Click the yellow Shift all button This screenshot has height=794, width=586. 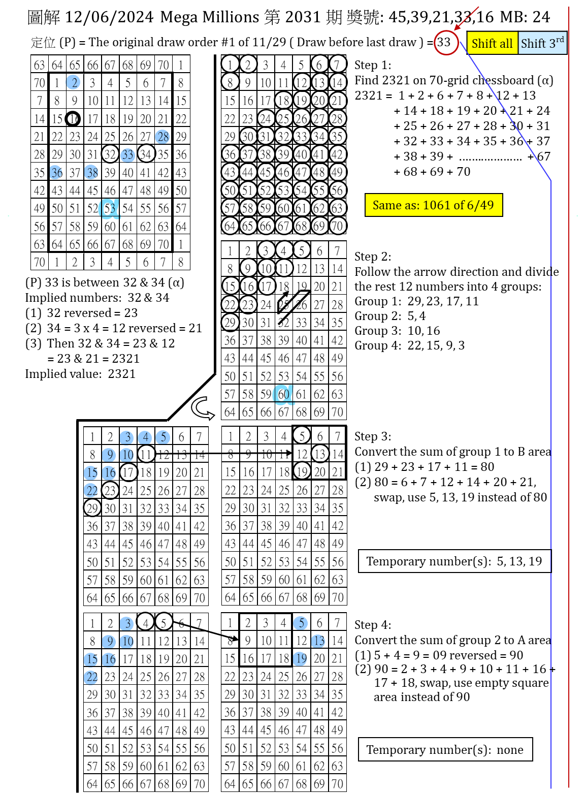[x=492, y=43]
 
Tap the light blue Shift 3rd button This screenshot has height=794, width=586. [x=542, y=43]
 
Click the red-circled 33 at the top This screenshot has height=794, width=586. [x=445, y=42]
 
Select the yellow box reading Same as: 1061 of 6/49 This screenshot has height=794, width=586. [x=433, y=205]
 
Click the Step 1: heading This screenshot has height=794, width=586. [x=373, y=65]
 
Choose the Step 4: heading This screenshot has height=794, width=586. [x=373, y=625]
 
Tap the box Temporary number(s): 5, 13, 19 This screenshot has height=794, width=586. [x=454, y=561]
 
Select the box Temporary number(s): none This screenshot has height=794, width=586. [x=445, y=750]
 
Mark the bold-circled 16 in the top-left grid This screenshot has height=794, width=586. [x=74, y=119]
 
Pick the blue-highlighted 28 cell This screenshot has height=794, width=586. [x=163, y=137]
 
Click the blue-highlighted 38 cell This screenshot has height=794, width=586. [x=92, y=173]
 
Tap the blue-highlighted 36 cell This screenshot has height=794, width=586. [x=57, y=173]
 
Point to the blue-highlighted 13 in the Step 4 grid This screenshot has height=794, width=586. [x=319, y=641]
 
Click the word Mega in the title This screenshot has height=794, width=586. [x=178, y=17]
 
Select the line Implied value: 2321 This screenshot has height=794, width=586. [x=80, y=374]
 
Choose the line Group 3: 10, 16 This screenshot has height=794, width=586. [x=397, y=331]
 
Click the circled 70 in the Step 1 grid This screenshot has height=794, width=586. [x=337, y=226]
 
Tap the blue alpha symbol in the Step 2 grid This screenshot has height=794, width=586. [x=282, y=394]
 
